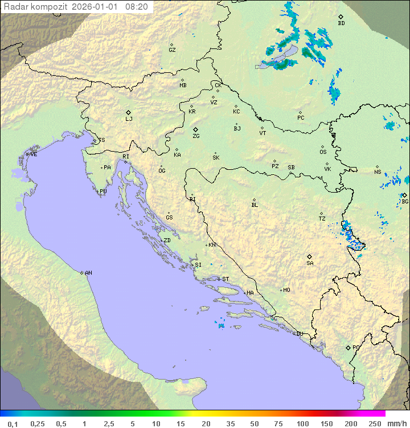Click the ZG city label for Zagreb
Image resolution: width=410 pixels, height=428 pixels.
click(196, 137)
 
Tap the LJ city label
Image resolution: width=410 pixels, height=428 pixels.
click(129, 119)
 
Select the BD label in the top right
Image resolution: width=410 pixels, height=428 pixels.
click(341, 23)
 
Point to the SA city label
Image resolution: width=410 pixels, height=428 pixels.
click(310, 263)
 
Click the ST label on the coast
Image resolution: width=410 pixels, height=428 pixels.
click(225, 279)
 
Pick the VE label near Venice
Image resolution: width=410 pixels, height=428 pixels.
click(34, 154)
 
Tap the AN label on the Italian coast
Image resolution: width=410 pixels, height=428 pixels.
click(88, 273)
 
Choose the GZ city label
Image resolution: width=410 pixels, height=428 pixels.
click(172, 50)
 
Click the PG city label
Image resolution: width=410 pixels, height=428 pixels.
click(356, 347)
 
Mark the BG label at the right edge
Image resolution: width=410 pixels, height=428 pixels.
click(405, 201)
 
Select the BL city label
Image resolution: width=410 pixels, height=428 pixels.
click(255, 205)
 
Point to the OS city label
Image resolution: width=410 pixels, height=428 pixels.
click(323, 152)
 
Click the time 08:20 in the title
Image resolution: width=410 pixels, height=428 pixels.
click(137, 7)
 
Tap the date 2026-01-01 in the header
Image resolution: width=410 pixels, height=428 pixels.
click(96, 7)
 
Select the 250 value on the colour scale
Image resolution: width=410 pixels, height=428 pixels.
click(375, 423)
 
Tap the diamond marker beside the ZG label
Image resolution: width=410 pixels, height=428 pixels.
click(195, 130)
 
